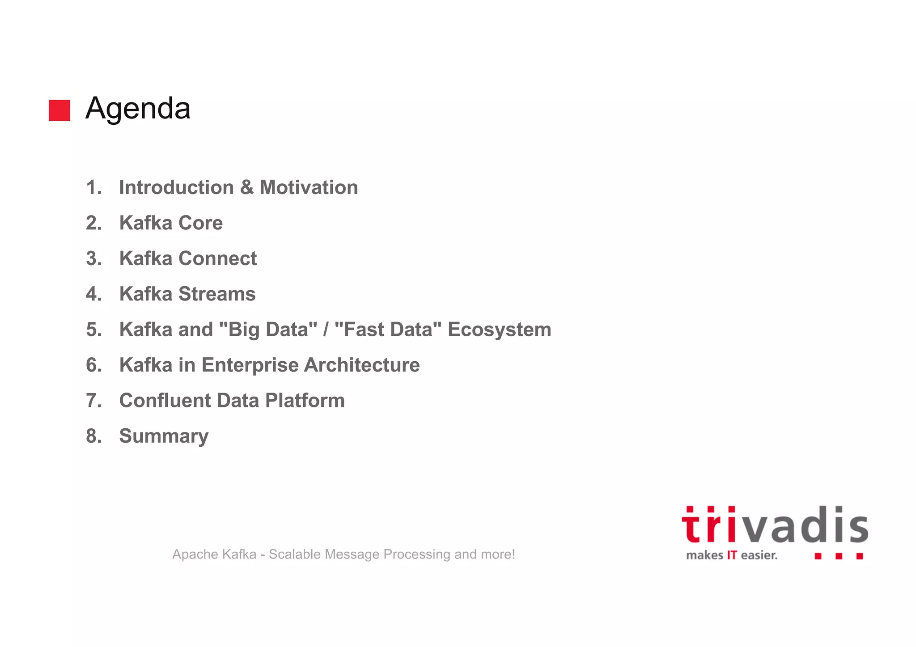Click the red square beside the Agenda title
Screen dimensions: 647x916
coord(59,110)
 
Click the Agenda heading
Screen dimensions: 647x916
coord(138,109)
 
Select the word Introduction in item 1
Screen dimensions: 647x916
coord(176,187)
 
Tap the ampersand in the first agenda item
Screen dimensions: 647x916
coord(246,187)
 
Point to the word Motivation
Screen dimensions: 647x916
coord(309,187)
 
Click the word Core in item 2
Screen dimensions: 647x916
coord(200,223)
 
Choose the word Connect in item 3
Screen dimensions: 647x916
coord(217,258)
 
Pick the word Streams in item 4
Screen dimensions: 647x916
coord(217,294)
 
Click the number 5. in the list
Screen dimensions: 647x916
coord(94,330)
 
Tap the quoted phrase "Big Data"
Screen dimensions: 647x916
coord(268,330)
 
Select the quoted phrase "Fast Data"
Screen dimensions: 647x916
coord(388,330)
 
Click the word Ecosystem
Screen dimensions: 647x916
coord(499,330)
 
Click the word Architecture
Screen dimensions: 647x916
coord(362,365)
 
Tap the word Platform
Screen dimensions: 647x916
coord(305,400)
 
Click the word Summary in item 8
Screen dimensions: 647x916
coord(164,436)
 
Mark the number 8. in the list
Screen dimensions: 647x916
coord(94,436)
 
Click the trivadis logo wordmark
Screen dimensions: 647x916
coord(775,526)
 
